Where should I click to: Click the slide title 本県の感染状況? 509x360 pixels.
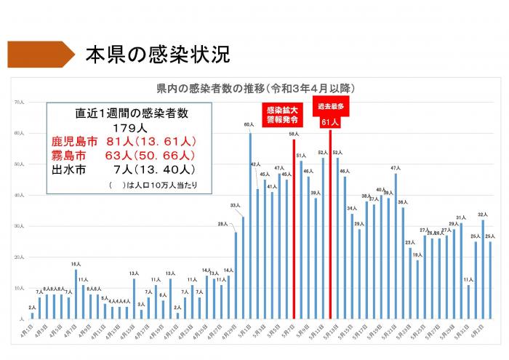coord(157,55)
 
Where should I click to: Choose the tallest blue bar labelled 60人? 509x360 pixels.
coord(250,226)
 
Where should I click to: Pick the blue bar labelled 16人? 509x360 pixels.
coord(76,295)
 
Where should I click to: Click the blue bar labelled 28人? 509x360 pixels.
coord(236,276)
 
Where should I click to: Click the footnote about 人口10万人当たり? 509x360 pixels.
coord(149,186)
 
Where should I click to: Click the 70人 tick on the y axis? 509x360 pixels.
coord(20,103)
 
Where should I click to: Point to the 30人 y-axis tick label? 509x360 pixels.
coord(20,227)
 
